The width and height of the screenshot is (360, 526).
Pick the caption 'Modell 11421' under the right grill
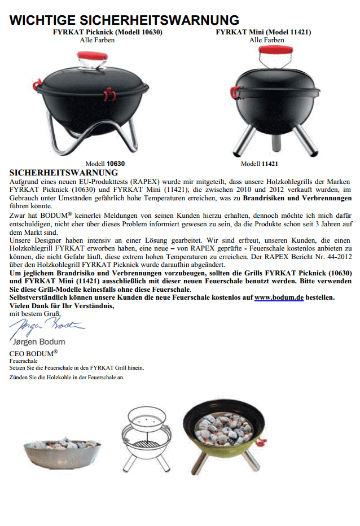coord(260,164)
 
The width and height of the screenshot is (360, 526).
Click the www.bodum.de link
coord(279,297)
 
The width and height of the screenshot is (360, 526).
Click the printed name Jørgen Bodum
coord(38,342)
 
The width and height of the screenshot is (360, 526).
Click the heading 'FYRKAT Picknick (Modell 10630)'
coord(107,33)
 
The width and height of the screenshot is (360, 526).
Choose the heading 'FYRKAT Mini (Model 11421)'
coord(263,33)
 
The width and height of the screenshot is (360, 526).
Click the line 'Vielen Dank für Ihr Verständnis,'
coord(62,305)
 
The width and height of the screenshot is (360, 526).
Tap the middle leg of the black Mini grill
coord(273,144)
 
